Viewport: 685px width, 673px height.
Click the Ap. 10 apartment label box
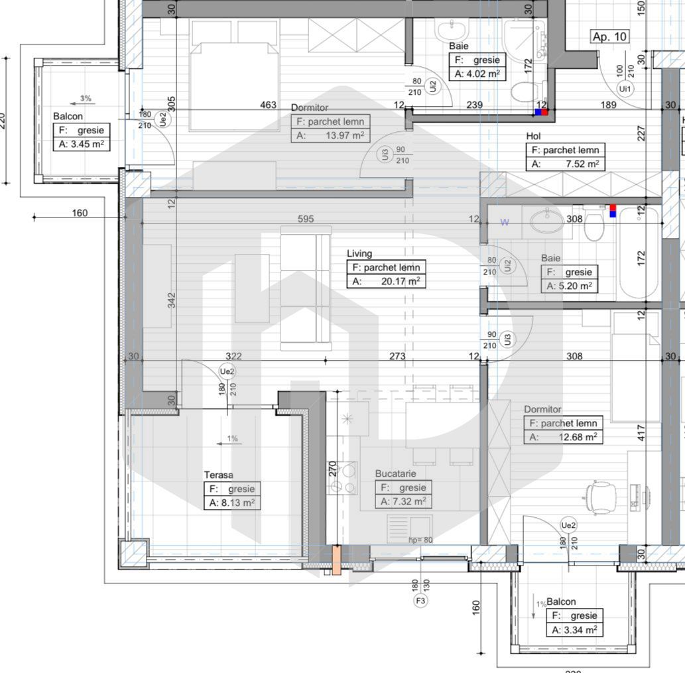[x=609, y=36]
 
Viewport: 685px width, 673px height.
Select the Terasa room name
[x=218, y=475]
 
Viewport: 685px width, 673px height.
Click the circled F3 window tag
[x=420, y=601]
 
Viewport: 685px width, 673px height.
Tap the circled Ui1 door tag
[x=625, y=88]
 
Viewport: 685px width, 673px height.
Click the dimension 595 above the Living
[x=306, y=219]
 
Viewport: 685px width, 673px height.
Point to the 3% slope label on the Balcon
[x=86, y=99]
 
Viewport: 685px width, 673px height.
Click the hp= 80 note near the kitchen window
[x=420, y=540]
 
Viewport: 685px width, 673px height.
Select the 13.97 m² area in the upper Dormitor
[x=342, y=136]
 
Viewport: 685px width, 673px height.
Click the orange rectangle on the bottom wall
[x=336, y=559]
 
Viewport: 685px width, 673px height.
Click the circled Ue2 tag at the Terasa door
[x=227, y=373]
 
